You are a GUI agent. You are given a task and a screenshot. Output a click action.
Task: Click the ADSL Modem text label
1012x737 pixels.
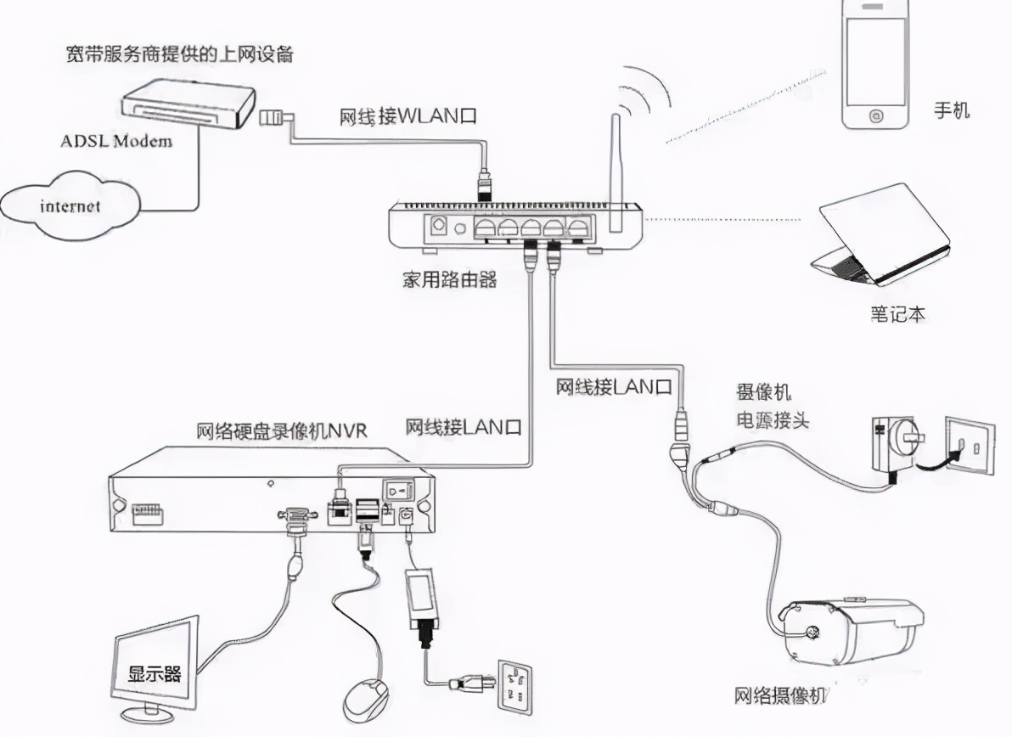[x=115, y=140]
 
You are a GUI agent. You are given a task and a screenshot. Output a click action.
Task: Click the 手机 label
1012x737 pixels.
[x=952, y=110]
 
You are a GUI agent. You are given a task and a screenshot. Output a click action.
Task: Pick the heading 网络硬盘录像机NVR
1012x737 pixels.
[x=282, y=430]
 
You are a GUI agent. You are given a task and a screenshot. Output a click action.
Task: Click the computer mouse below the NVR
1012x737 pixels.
[x=366, y=699]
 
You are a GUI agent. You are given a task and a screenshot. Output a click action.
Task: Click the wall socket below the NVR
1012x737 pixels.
[x=519, y=685]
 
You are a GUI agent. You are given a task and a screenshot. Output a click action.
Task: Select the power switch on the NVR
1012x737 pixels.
[x=396, y=490]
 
